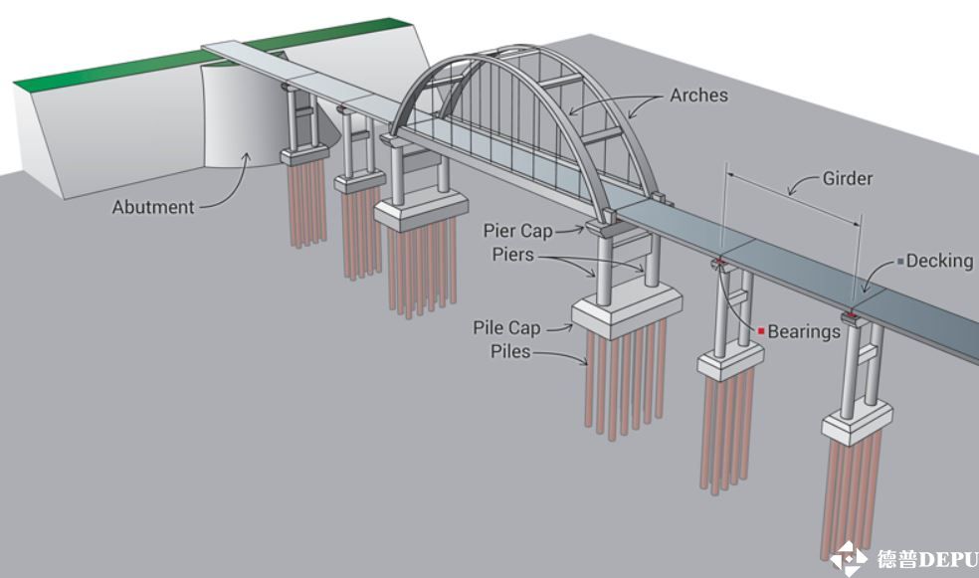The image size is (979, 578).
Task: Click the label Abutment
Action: coord(153,207)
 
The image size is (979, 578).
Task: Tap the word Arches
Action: coord(698,96)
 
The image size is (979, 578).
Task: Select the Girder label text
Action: coord(847,179)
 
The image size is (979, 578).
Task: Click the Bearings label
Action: coord(804,331)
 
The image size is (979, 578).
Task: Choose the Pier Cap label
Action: coord(517,231)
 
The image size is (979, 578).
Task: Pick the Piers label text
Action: coord(512,255)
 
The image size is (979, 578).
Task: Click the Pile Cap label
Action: coord(506,327)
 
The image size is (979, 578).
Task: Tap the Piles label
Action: coord(510,351)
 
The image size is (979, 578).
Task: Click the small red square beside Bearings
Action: coord(761,330)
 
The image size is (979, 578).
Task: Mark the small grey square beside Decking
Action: coord(900,261)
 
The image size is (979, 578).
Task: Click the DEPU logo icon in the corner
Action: coord(849,559)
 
